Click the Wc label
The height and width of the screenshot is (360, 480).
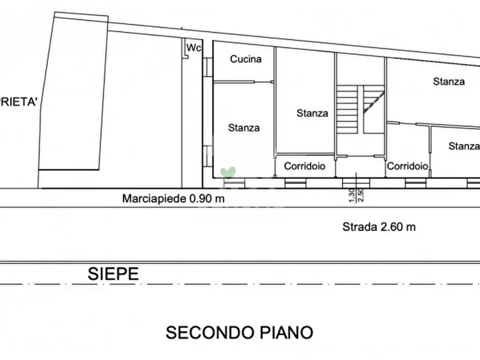coord(194,48)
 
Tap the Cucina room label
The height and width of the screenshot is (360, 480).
coord(246,59)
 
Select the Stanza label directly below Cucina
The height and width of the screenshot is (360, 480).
coord(243,128)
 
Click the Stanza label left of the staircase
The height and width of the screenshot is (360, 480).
coord(312,113)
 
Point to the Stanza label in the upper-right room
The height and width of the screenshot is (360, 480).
coord(449,82)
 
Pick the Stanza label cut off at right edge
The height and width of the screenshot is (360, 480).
coord(464,146)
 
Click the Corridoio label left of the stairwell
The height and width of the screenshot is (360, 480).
coord(305,167)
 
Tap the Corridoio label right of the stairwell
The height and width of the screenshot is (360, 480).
coord(408,167)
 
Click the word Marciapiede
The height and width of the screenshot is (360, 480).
coord(154,199)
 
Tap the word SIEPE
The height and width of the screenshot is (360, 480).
coord(113,274)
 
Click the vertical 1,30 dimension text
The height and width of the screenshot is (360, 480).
coord(352,196)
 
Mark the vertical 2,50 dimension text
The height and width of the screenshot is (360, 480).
coord(360,196)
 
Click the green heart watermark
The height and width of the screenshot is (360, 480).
coord(228,172)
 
